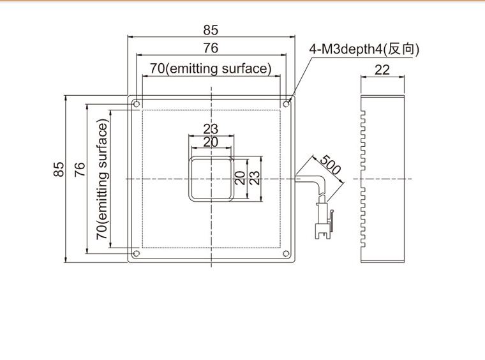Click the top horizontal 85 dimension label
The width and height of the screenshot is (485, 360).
click(x=211, y=30)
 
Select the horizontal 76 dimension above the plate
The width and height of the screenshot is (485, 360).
click(x=211, y=48)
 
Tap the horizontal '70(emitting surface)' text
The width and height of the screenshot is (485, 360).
click(x=211, y=68)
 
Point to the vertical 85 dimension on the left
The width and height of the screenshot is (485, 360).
click(x=59, y=169)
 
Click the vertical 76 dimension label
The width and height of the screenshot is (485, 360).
click(x=80, y=169)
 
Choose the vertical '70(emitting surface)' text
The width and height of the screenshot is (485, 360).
click(x=102, y=179)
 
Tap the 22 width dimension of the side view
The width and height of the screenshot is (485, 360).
click(x=382, y=70)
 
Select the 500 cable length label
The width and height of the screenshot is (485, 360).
click(x=331, y=164)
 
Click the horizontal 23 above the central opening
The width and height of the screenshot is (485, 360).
click(x=211, y=129)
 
